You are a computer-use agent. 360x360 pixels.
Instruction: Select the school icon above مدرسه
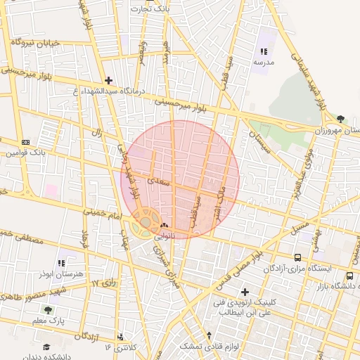tap(264, 52)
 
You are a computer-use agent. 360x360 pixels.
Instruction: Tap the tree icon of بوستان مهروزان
tap(340, 119)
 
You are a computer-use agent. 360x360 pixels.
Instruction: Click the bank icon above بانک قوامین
tap(26, 141)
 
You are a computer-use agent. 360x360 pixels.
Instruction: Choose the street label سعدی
tap(162, 172)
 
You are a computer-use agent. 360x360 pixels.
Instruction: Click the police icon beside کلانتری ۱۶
tap(121, 337)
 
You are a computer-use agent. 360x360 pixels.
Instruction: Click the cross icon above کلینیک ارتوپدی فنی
tap(245, 291)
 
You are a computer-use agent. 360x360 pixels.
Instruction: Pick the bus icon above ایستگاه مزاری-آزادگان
tap(298, 258)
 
